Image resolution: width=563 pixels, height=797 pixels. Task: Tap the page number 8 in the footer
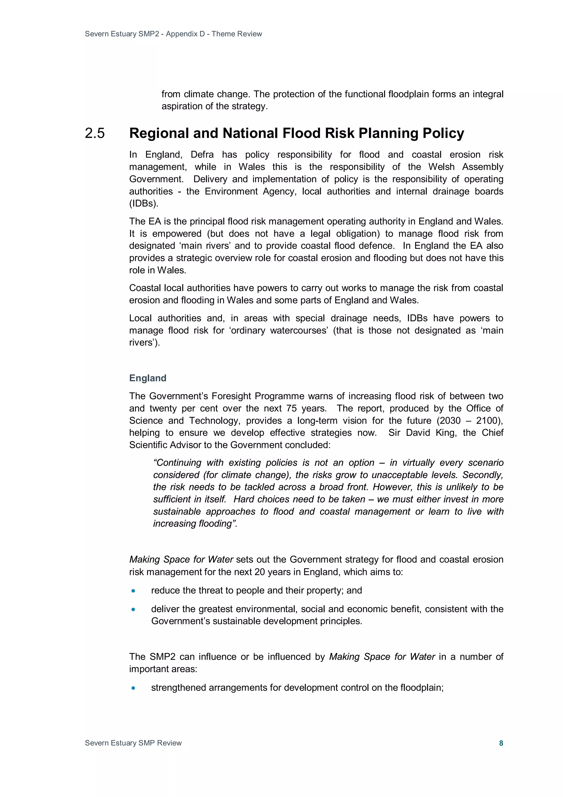pos(501,743)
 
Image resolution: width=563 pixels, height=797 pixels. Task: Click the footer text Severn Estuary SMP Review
pos(133,743)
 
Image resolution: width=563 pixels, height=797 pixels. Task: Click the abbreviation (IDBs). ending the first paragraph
pos(143,203)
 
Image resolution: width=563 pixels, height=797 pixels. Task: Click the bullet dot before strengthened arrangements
pos(133,688)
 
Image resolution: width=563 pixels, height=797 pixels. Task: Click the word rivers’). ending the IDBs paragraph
pos(144,343)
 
